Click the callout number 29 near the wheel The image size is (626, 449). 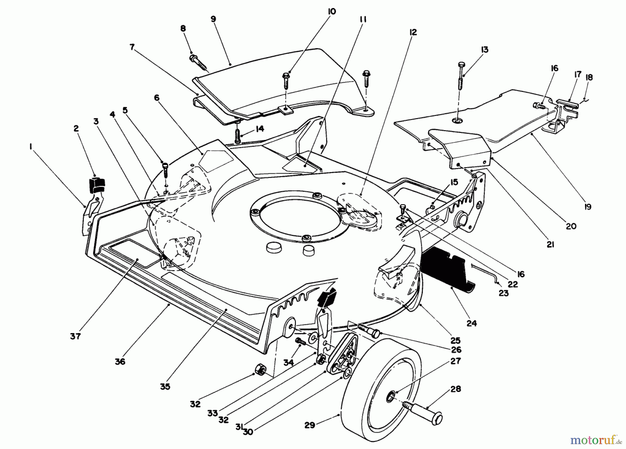click(x=310, y=425)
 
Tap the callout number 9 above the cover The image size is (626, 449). click(x=213, y=19)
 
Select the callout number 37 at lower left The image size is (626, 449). click(x=75, y=336)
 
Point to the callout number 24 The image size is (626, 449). click(x=472, y=323)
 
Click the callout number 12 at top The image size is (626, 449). click(x=413, y=32)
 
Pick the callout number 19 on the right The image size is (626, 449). click(x=587, y=207)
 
